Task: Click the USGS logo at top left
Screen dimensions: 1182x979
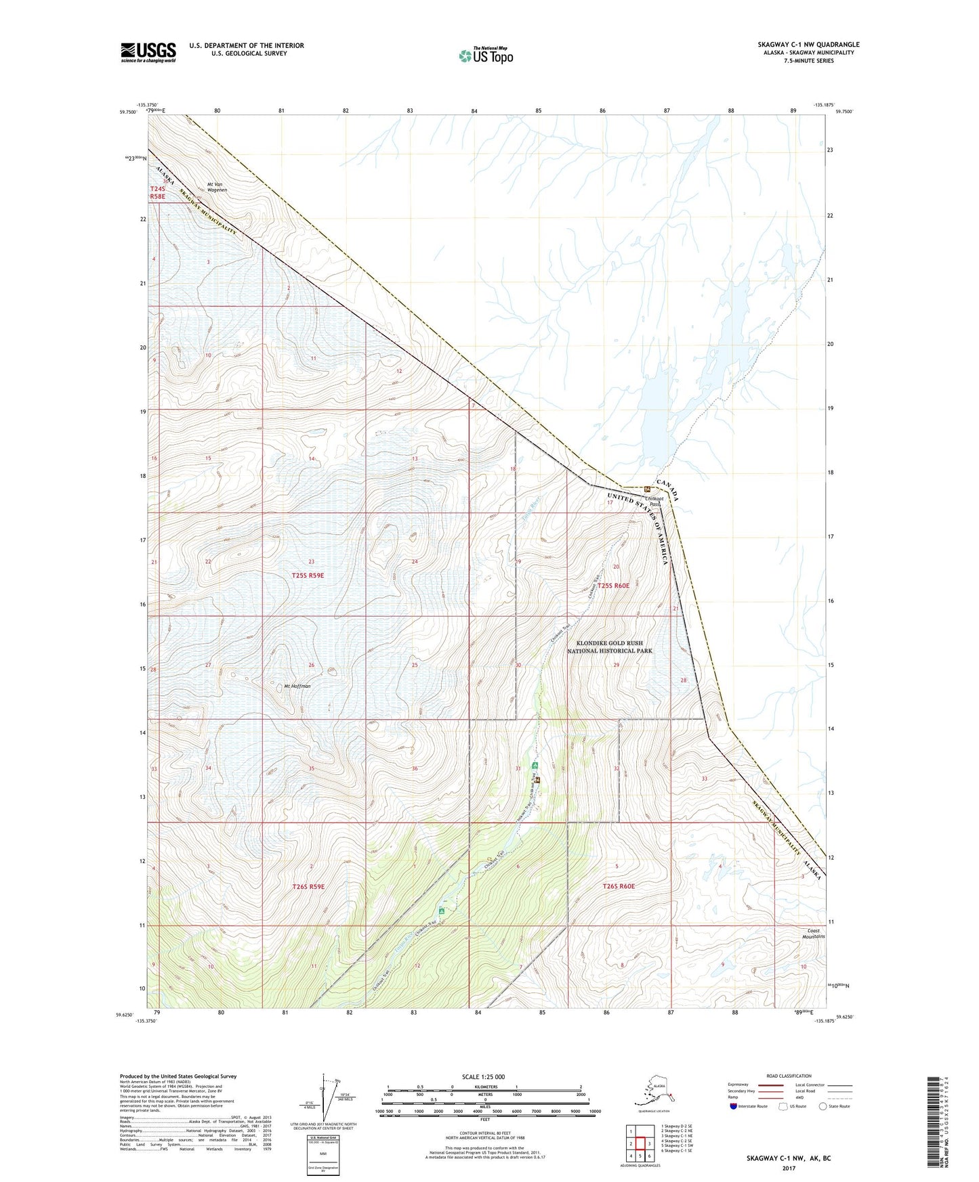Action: click(x=148, y=52)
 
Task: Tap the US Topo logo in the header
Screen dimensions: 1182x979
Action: click(x=485, y=55)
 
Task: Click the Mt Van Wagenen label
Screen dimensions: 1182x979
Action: click(x=217, y=187)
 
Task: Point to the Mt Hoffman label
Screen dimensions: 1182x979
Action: click(x=297, y=686)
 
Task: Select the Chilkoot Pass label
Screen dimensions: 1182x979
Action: click(x=654, y=500)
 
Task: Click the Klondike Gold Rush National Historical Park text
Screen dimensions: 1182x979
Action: click(x=610, y=647)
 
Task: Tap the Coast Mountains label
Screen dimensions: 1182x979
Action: click(x=814, y=934)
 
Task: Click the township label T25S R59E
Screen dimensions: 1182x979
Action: click(x=308, y=575)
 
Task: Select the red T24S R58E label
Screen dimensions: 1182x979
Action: click(x=157, y=192)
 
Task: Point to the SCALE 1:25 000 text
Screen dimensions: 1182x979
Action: click(x=483, y=1076)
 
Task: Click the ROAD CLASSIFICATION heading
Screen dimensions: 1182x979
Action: click(x=789, y=1076)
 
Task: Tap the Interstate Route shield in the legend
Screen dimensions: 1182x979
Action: click(x=734, y=1106)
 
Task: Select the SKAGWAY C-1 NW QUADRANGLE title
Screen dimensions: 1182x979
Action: click(x=808, y=45)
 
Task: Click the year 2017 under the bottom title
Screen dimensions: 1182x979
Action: click(x=789, y=1167)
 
